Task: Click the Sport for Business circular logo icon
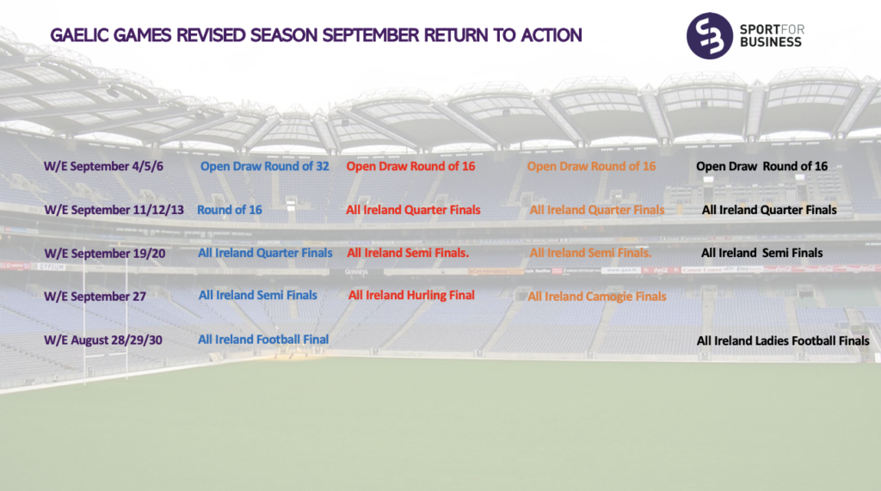tap(710, 36)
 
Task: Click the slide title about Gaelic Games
tap(316, 35)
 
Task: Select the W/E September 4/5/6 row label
tap(103, 166)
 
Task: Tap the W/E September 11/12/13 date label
tap(114, 210)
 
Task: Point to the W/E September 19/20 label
tap(104, 254)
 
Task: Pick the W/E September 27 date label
tap(95, 297)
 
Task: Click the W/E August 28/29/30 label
tap(103, 340)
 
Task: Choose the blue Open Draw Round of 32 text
tap(265, 166)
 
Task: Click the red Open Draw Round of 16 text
tap(410, 166)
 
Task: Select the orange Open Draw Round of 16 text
tap(591, 166)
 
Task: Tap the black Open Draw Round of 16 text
tap(762, 166)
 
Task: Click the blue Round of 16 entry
tap(229, 210)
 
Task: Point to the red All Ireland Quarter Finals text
tap(413, 210)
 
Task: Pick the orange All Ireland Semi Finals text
tap(590, 253)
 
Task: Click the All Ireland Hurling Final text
tap(411, 296)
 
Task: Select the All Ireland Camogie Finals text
tap(597, 297)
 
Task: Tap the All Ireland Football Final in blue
tap(263, 340)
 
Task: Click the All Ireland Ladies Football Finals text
tap(783, 341)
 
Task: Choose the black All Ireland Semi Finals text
tap(762, 253)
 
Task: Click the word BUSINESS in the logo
tap(770, 42)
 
